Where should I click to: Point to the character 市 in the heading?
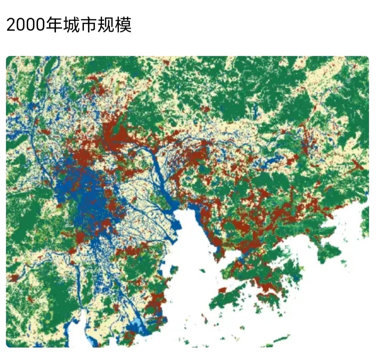[x=88, y=25]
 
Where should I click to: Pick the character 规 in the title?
[x=106, y=25]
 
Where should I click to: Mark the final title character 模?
[x=123, y=25]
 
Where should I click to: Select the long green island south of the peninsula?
[x=229, y=297]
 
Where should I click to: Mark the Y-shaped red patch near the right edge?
[x=357, y=164]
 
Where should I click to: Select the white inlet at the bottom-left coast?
[x=75, y=332]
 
